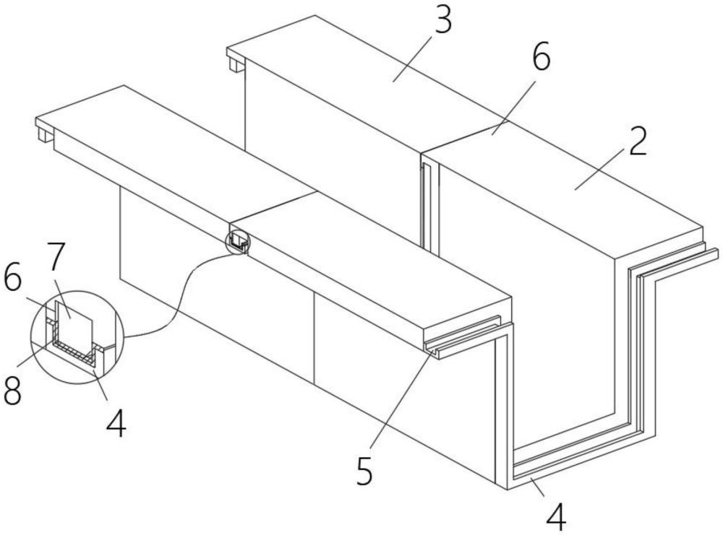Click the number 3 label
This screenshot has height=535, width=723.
tap(441, 22)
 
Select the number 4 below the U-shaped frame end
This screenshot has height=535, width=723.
tap(555, 516)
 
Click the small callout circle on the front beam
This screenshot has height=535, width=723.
tap(239, 240)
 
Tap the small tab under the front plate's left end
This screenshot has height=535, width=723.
tap(45, 134)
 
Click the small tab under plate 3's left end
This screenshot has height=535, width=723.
tap(236, 65)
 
